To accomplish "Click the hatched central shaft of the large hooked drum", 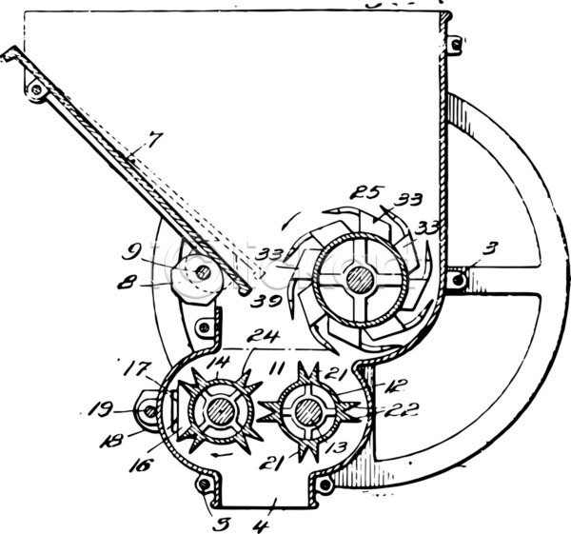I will (x=359, y=280).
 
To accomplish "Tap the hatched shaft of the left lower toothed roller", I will (x=218, y=411).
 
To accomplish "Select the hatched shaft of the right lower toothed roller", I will (x=306, y=411).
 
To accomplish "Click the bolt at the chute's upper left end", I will (x=37, y=89).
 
